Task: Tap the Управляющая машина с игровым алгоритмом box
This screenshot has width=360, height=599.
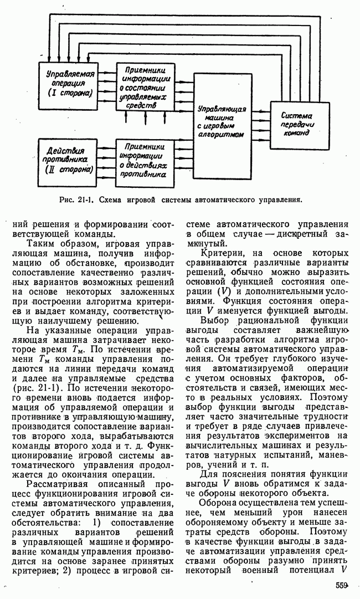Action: tap(222, 120)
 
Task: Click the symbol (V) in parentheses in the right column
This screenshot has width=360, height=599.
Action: tap(224, 291)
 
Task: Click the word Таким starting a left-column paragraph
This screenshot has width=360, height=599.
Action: tap(39, 244)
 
